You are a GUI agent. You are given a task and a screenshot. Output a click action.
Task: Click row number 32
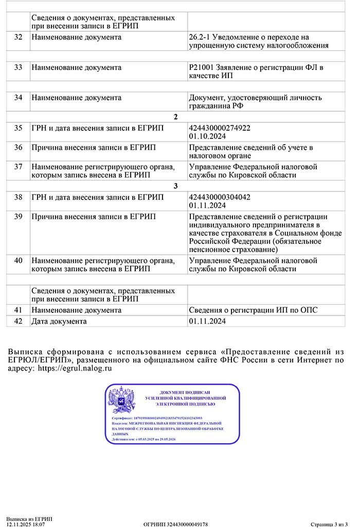(18, 38)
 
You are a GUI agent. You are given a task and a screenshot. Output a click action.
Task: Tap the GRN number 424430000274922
(220, 128)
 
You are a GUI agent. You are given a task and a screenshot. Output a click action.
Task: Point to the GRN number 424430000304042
(220, 197)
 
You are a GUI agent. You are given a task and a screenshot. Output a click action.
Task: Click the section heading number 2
(175, 117)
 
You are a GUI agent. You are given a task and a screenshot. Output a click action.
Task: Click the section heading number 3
(175, 186)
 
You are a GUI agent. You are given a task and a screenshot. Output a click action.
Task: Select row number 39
(18, 217)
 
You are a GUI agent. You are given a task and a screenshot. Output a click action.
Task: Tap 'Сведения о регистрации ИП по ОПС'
(254, 310)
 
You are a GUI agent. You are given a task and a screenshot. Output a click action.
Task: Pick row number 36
(18, 148)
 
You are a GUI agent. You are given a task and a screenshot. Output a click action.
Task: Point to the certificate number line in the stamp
(157, 418)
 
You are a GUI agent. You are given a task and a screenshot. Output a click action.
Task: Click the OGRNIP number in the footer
(175, 524)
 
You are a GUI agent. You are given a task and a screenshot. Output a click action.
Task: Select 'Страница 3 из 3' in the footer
(329, 524)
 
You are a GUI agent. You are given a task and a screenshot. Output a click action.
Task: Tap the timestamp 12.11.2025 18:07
(26, 524)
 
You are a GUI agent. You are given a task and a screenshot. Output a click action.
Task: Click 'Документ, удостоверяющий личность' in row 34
(256, 98)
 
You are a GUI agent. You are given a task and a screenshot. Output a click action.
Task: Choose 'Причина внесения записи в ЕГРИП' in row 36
(94, 148)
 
